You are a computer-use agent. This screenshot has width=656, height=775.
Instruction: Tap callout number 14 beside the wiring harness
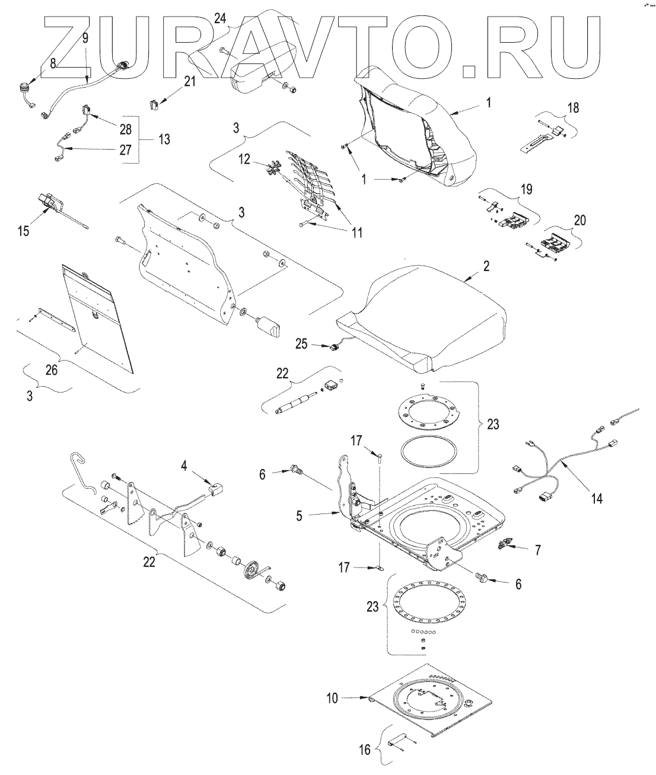[x=597, y=499]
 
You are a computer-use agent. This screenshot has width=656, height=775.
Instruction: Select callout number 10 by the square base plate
[x=332, y=698]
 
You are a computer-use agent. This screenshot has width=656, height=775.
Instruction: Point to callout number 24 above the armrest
[x=220, y=18]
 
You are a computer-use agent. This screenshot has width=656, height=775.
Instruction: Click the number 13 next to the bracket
[x=164, y=139]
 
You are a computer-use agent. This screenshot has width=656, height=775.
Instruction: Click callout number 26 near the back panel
[x=52, y=369]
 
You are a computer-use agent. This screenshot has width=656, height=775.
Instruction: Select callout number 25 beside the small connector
[x=301, y=343]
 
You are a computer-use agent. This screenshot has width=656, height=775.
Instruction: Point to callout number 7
[x=537, y=550]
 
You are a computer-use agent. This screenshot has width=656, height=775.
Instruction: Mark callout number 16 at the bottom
[x=365, y=750]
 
